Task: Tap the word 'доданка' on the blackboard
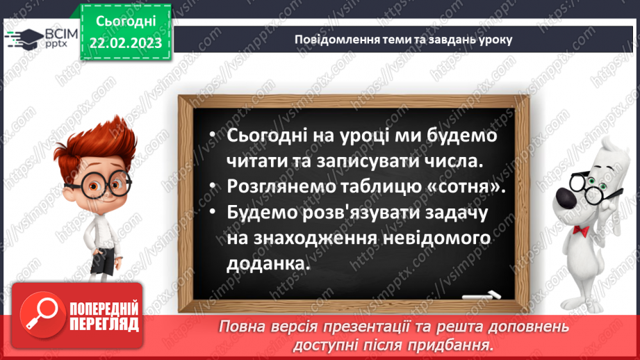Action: [265, 264]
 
